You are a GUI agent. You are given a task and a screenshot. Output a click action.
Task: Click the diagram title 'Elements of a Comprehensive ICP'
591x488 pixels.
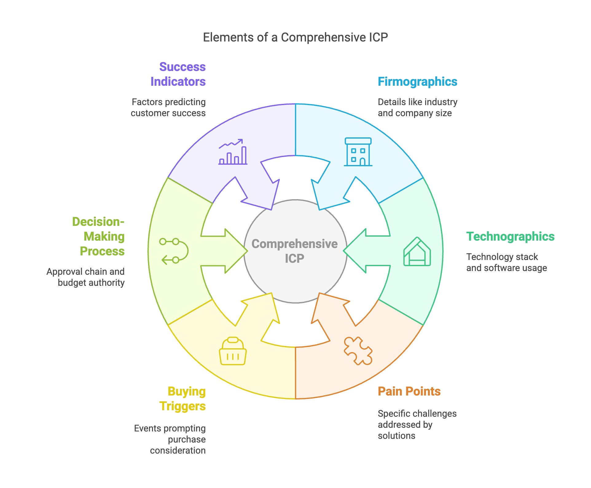click(x=295, y=37)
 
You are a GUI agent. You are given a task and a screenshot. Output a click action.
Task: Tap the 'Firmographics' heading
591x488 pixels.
click(x=417, y=82)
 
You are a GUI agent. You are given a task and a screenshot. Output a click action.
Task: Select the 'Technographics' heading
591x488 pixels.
click(x=510, y=237)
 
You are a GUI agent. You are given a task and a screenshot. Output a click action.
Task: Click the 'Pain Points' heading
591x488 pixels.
click(x=409, y=392)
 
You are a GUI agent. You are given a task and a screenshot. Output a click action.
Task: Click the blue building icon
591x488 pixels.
click(x=358, y=152)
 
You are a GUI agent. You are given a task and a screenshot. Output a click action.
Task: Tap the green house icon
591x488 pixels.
click(x=417, y=252)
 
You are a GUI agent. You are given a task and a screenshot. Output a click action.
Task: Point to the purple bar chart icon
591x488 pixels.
click(x=233, y=152)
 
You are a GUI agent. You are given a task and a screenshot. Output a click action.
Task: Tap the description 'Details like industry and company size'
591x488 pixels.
click(x=417, y=108)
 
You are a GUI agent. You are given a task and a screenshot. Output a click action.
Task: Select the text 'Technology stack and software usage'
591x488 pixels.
click(x=506, y=262)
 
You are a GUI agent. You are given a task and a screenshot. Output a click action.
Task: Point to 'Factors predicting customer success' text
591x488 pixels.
click(x=168, y=108)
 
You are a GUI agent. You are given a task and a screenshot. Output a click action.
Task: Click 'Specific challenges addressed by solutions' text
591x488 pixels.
click(x=417, y=425)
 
